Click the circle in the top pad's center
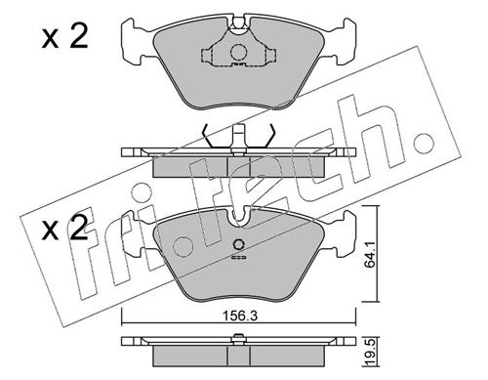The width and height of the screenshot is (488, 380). coord(237,54)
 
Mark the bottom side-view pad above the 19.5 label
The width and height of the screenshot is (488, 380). coord(238,350)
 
